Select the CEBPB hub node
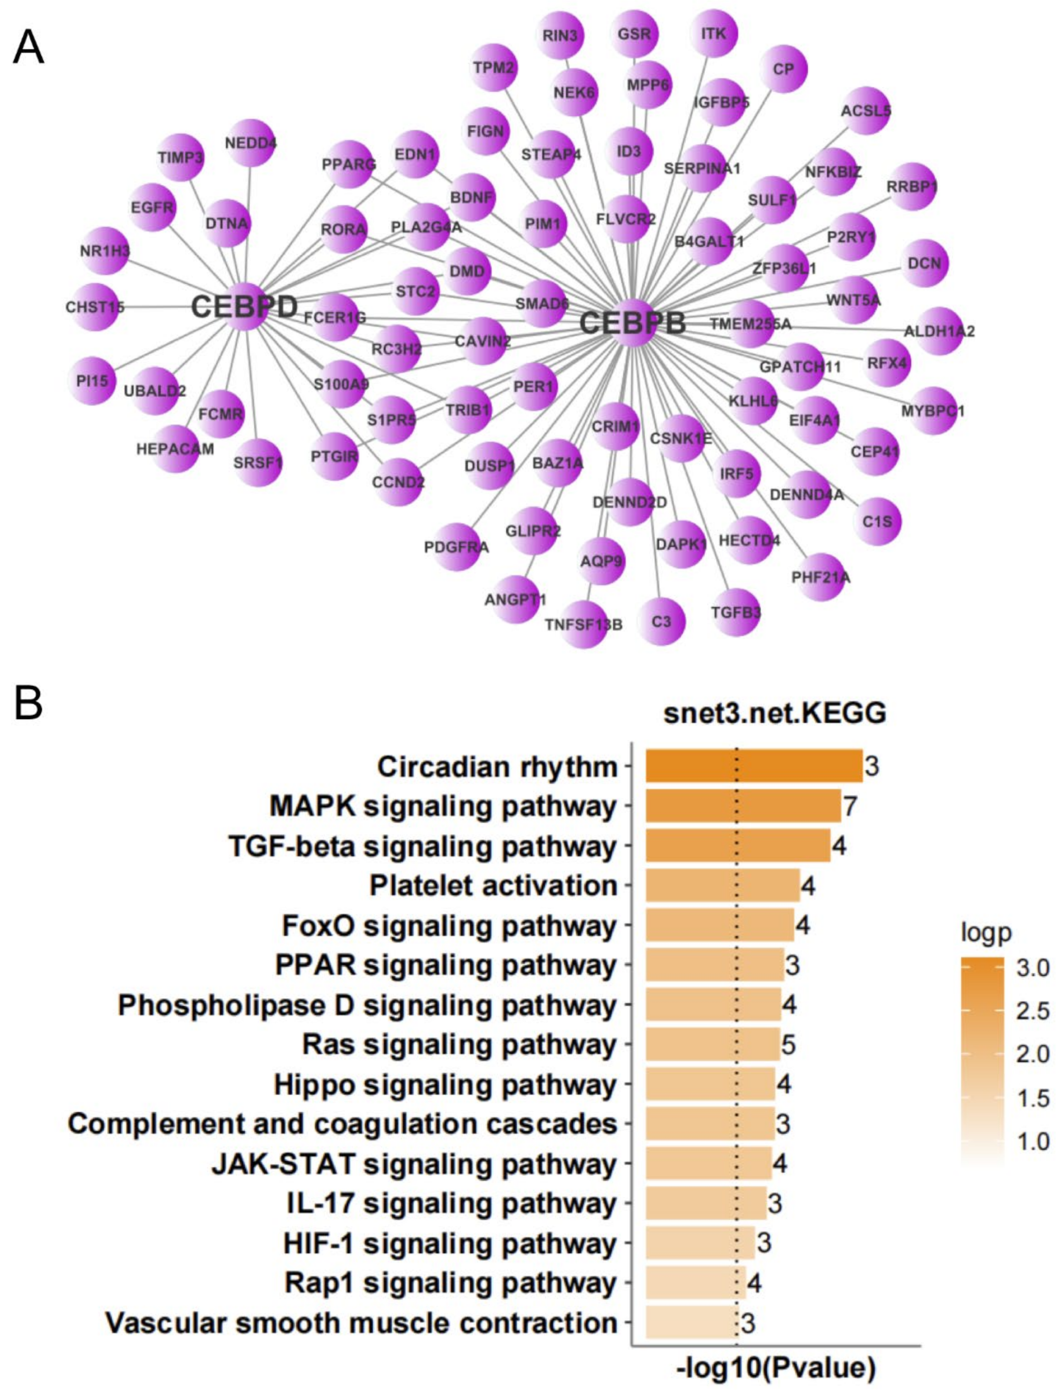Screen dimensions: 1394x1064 (x=632, y=323)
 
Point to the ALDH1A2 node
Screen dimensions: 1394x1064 (x=939, y=331)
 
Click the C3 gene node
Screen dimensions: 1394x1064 (x=661, y=621)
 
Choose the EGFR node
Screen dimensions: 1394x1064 (x=152, y=207)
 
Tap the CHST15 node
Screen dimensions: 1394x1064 (x=95, y=308)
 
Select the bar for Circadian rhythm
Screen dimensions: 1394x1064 (x=754, y=766)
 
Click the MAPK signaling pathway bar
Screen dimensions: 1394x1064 (x=743, y=806)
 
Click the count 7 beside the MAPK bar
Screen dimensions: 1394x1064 (x=850, y=806)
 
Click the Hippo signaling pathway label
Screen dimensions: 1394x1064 (x=445, y=1084)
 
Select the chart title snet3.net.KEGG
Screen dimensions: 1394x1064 (x=775, y=713)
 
